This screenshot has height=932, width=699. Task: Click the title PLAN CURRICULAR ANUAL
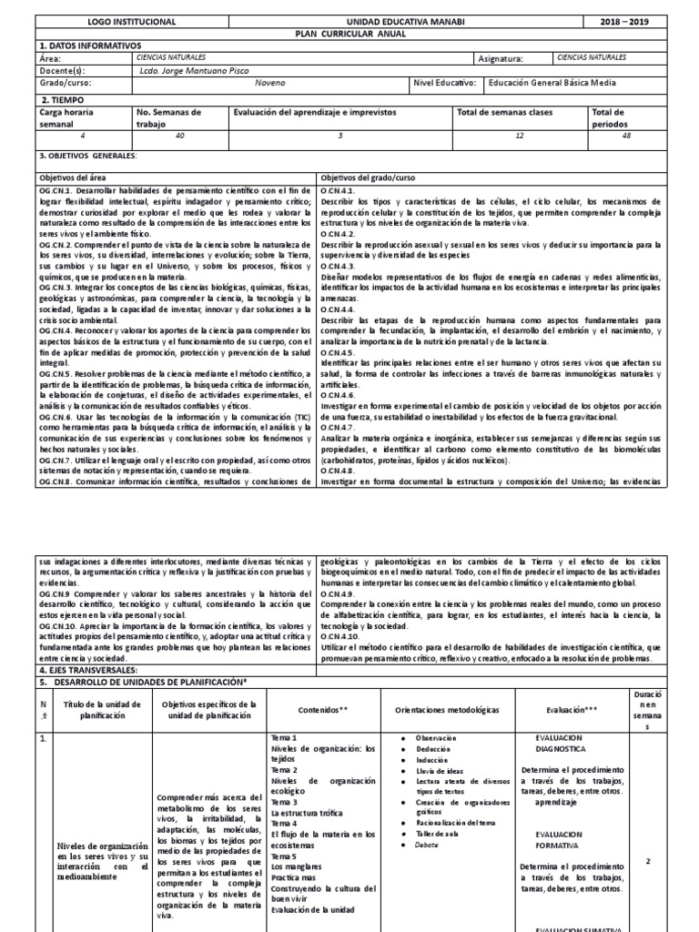pyautogui.click(x=349, y=32)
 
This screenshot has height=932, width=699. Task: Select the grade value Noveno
pyautogui.click(x=276, y=83)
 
